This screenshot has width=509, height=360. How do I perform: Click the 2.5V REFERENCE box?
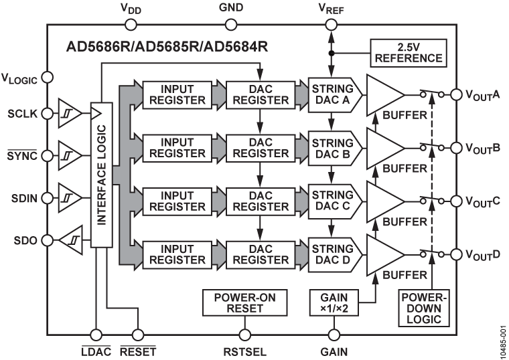409,52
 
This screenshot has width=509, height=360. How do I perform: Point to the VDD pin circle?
130,25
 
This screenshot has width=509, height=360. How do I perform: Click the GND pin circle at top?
231,25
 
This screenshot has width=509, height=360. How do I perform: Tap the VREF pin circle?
332,25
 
